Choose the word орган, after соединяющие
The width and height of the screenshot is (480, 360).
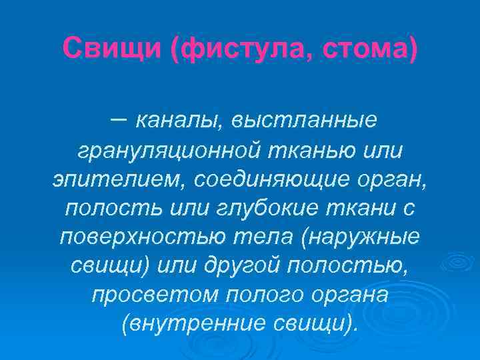(x=387, y=179)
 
